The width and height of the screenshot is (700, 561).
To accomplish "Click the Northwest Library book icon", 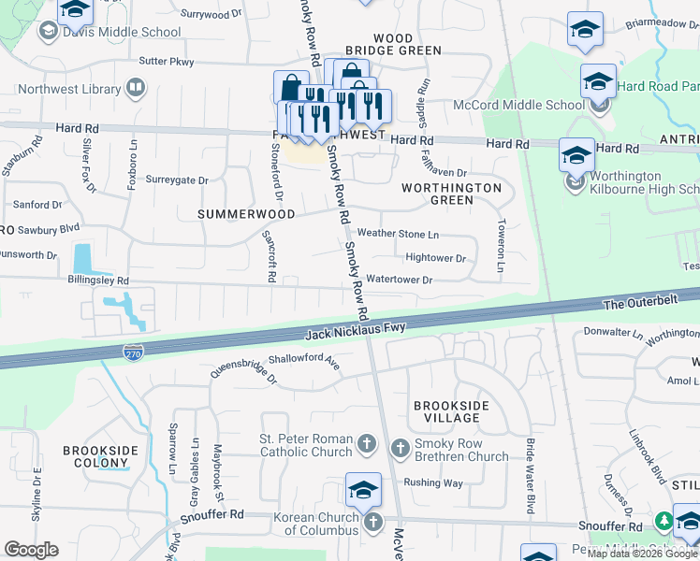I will click(x=136, y=90).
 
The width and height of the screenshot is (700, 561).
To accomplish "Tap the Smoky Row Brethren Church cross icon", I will click(x=400, y=448).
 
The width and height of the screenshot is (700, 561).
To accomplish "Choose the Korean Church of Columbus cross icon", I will click(x=373, y=521).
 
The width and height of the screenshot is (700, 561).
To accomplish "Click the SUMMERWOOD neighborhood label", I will click(x=246, y=214).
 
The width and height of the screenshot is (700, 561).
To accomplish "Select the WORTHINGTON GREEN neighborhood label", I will click(x=451, y=194).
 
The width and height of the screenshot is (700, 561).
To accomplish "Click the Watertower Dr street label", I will click(x=400, y=280).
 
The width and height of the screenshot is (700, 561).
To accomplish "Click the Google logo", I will click(x=31, y=550).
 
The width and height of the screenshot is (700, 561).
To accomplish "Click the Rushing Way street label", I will click(x=433, y=483).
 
